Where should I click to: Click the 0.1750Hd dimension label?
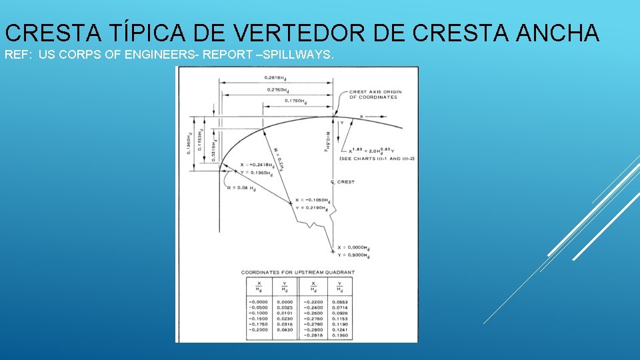tap(296, 101)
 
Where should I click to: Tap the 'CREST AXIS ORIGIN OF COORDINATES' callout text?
tap(373, 95)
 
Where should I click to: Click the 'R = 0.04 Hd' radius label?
tap(241, 189)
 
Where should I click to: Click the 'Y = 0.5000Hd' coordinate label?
tap(353, 256)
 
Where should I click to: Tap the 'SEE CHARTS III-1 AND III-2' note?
tap(377, 159)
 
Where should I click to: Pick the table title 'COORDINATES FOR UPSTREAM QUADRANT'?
tap(297, 272)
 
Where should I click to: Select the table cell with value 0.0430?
tap(285, 329)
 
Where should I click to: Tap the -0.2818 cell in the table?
tap(312, 335)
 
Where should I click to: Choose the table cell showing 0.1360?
tap(340, 335)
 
